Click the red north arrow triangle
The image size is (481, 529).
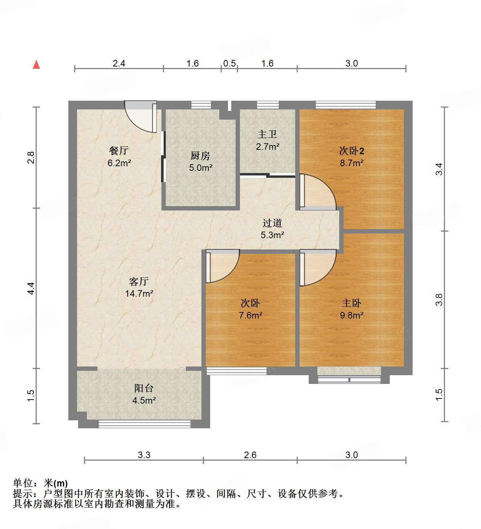[36, 65]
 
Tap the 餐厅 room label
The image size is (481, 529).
[119, 150]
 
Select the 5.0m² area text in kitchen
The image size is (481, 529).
[201, 168]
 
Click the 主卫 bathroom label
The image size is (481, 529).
[267, 134]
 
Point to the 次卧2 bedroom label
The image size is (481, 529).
[352, 151]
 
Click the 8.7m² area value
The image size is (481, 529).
[352, 163]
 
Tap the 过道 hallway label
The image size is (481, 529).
[272, 223]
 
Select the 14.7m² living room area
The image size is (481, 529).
[139, 293]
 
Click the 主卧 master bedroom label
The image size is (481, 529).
[352, 303]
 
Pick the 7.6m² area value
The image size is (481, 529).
[250, 315]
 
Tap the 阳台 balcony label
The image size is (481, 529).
[144, 388]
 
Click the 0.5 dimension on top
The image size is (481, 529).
[229, 63]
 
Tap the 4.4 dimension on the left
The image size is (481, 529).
[31, 288]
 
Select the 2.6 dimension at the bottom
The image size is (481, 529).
[250, 455]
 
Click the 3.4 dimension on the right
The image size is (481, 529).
[439, 169]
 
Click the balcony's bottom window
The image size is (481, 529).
[144, 424]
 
